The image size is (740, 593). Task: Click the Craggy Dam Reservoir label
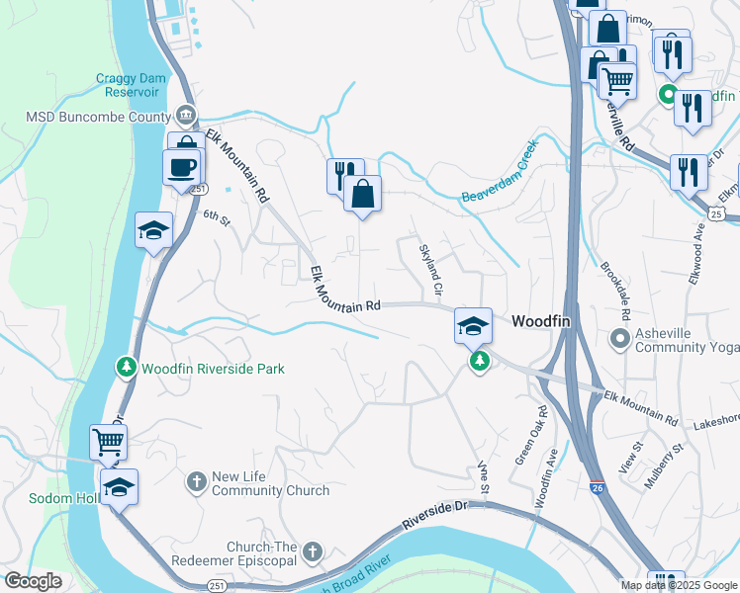[x=128, y=85]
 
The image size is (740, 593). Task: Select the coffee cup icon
[x=181, y=166]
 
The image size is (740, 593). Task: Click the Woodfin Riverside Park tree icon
[x=126, y=368]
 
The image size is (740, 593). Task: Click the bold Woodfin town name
[x=543, y=322]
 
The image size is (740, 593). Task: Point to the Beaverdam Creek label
[x=500, y=172]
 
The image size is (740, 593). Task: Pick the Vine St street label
[x=484, y=476]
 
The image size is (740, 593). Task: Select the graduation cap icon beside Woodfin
[x=473, y=325]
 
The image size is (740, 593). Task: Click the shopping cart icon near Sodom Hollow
[x=108, y=441]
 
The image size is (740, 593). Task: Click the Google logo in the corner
[x=33, y=581]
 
